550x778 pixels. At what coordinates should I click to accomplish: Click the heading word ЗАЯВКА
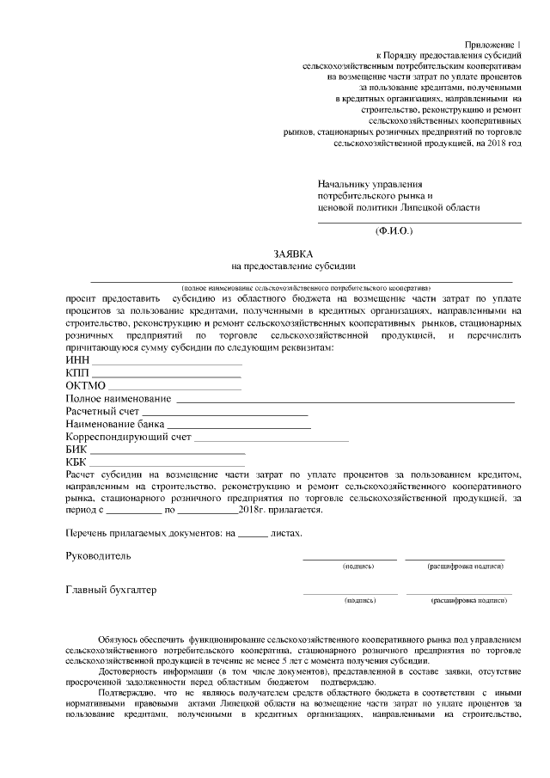pyautogui.click(x=293, y=254)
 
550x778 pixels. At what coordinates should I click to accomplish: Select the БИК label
pyautogui.click(x=76, y=450)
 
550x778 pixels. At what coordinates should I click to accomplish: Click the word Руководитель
pyautogui.click(x=99, y=555)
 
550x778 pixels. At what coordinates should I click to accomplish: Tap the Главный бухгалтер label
pyautogui.click(x=112, y=590)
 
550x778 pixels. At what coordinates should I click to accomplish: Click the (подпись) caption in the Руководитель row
pyautogui.click(x=357, y=567)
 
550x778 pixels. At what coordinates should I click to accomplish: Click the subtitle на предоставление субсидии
pyautogui.click(x=293, y=266)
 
